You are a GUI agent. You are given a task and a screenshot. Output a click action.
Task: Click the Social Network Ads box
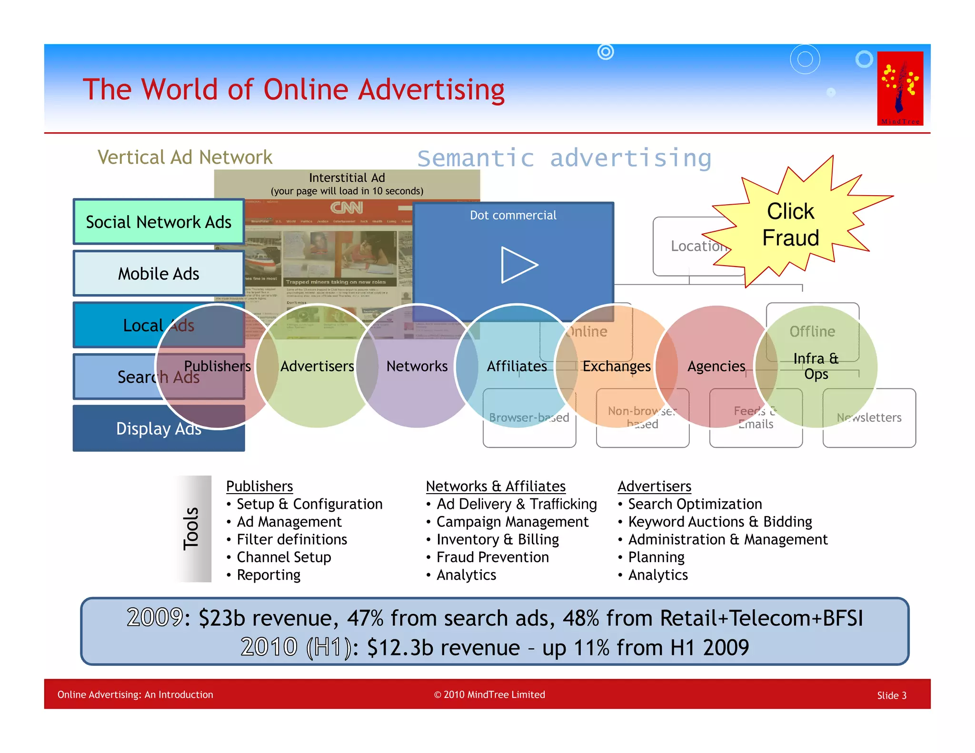pos(159,222)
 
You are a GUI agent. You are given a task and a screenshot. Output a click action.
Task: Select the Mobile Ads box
pos(159,274)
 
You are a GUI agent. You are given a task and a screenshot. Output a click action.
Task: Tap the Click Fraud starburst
pos(790,225)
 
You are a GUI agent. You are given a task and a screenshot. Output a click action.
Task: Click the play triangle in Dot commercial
pos(518,265)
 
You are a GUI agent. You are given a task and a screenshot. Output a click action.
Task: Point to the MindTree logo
pos(900,88)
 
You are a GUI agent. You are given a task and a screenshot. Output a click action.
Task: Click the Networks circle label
pos(417,366)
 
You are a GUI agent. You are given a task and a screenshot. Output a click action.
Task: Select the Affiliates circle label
pos(517,366)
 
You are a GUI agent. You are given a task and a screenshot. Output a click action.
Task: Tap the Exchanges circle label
pos(617,366)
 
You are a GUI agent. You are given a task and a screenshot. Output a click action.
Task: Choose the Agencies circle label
pos(716,366)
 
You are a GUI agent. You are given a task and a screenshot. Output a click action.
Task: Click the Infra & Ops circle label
pos(816,366)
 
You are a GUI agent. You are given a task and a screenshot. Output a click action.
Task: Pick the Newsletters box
pos(869,417)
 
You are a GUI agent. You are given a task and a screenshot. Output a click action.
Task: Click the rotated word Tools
pos(191,528)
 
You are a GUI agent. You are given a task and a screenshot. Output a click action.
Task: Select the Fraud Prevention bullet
pos(492,557)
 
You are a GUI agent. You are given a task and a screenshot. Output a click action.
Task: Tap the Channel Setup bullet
pos(284,557)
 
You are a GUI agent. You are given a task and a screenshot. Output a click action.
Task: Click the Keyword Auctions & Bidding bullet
pos(720,522)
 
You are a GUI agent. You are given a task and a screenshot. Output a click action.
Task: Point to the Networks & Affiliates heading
pos(496,486)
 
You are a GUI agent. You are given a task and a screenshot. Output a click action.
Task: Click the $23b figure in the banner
pos(221,618)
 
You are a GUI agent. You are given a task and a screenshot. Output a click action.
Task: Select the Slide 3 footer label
pos(892,695)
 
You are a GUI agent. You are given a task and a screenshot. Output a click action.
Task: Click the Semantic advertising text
pos(564,158)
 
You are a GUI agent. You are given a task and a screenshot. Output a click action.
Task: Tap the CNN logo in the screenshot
pos(347,208)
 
